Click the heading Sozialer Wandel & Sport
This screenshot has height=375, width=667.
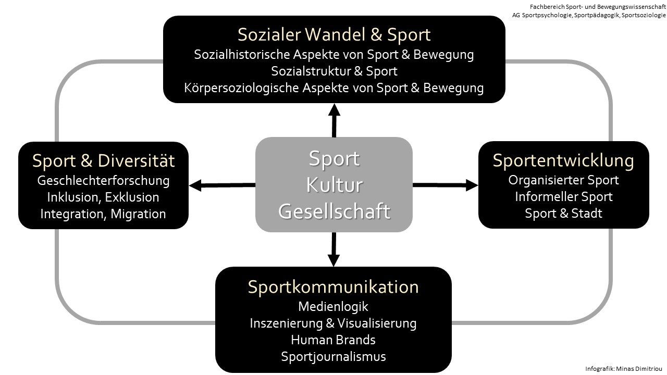point(334,34)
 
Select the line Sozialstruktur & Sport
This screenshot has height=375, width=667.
point(334,71)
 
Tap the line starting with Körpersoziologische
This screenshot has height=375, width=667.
point(334,87)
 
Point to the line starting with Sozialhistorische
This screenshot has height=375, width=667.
point(334,54)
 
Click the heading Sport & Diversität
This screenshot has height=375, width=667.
point(103,161)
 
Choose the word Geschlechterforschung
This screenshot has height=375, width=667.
point(103,181)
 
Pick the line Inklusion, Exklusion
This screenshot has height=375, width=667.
point(103,197)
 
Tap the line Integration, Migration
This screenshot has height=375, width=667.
point(103,214)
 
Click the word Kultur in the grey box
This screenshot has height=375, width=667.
point(334,185)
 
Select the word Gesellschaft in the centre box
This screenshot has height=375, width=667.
point(334,211)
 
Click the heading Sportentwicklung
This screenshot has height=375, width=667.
point(563,160)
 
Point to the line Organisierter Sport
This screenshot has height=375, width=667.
point(563,180)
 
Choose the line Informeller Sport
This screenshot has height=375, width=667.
point(563,197)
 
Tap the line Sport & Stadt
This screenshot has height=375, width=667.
point(563,214)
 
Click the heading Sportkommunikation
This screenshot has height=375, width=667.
point(333,287)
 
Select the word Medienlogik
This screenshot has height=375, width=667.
point(333,307)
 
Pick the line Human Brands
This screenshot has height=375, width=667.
point(333,340)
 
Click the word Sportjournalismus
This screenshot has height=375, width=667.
point(333,357)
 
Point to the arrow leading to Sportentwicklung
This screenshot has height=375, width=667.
point(445,184)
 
